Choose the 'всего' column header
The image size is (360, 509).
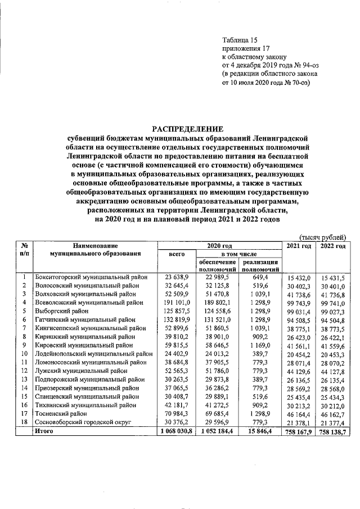pyautogui.click(x=177, y=254)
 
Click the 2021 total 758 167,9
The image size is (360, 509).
pyautogui.click(x=299, y=431)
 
